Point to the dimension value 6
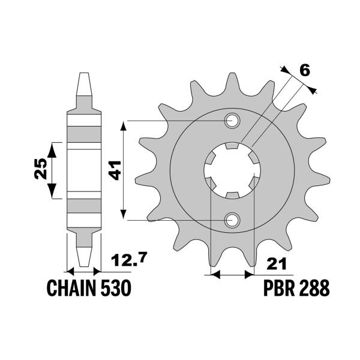304,71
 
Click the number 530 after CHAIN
114,289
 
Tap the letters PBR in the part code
280,289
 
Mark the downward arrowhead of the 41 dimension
124,215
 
